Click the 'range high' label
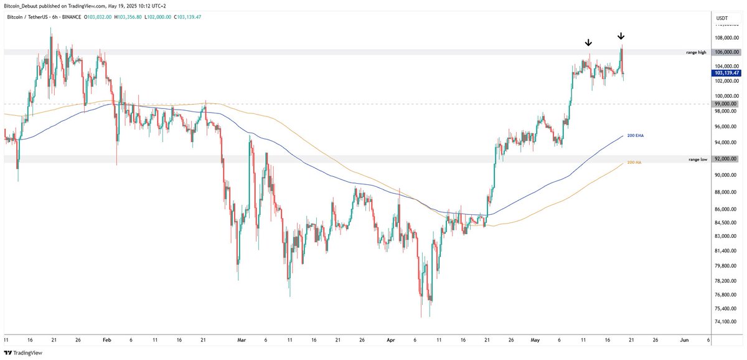697,52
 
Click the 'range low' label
697,159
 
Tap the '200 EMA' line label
635,135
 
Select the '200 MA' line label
634,162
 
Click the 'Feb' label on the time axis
106,341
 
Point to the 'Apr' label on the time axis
390,341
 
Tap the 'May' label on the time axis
535,341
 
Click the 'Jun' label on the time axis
685,341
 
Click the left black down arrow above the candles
588,43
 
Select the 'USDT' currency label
722,19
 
